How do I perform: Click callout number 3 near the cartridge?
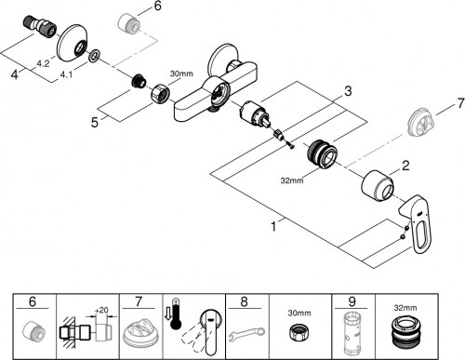[348, 91]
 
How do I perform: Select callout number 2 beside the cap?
[405, 166]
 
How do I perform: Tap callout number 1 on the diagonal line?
[273, 226]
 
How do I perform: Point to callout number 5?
[95, 122]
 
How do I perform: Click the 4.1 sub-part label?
[66, 74]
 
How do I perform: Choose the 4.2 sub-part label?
[43, 64]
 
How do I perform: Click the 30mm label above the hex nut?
[181, 73]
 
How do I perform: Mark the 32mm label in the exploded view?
[292, 180]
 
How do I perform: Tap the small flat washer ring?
[94, 55]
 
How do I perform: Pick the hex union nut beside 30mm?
[160, 93]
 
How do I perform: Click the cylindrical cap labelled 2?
[378, 186]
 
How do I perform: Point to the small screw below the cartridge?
[289, 145]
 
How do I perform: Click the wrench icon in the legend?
[246, 335]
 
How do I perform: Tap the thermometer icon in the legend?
[176, 313]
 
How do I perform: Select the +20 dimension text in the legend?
[101, 310]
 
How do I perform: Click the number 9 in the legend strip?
[352, 301]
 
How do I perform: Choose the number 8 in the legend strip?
[245, 301]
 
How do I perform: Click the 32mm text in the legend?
[405, 308]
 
